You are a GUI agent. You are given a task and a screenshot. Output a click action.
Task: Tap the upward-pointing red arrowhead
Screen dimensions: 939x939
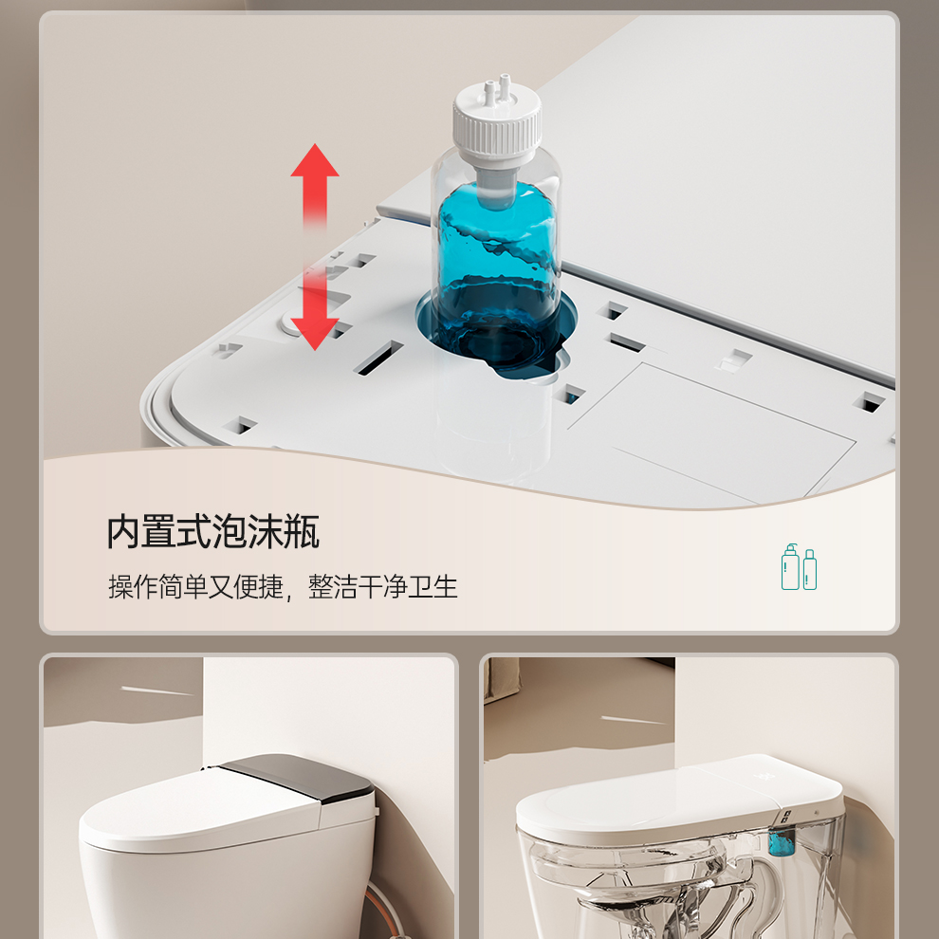click(x=314, y=161)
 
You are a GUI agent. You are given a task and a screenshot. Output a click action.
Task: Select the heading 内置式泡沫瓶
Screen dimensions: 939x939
click(x=213, y=531)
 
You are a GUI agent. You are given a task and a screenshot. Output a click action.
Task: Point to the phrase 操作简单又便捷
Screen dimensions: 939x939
click(x=195, y=587)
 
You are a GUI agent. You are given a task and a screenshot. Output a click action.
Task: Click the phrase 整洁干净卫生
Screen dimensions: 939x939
click(x=382, y=587)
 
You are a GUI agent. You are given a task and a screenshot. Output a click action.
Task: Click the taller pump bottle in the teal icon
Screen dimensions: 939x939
click(x=790, y=568)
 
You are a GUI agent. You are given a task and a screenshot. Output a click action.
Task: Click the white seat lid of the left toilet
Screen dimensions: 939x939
click(x=201, y=805)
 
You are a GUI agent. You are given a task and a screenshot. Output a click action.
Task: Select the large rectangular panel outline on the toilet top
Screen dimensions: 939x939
click(x=711, y=433)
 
